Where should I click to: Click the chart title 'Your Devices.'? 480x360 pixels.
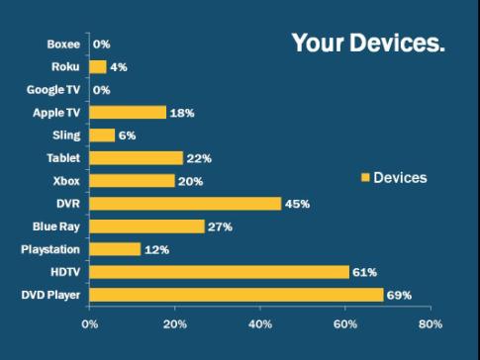(x=367, y=45)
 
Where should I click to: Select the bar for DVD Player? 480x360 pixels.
(x=237, y=295)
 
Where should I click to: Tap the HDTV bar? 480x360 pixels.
(x=220, y=272)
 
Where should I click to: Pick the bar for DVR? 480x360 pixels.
(x=185, y=204)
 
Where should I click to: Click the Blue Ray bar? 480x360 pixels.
(x=147, y=226)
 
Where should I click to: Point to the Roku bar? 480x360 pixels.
(x=98, y=67)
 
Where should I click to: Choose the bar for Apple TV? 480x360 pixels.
(x=128, y=113)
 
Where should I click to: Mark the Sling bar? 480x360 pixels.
(x=102, y=135)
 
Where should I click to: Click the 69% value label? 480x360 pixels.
(x=400, y=295)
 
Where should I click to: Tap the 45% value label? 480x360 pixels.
(x=298, y=204)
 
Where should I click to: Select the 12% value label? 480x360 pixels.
(x=157, y=249)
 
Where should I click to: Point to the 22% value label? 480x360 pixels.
(x=200, y=158)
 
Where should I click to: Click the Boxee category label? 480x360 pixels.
(x=63, y=45)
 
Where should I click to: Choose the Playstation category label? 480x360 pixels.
(x=50, y=249)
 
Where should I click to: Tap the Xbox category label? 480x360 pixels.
(x=66, y=181)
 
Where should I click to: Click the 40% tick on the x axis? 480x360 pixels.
(x=260, y=323)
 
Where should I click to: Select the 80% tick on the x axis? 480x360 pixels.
(x=431, y=323)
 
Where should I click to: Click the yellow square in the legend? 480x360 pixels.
(x=365, y=178)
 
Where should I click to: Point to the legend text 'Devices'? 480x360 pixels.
(x=400, y=178)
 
